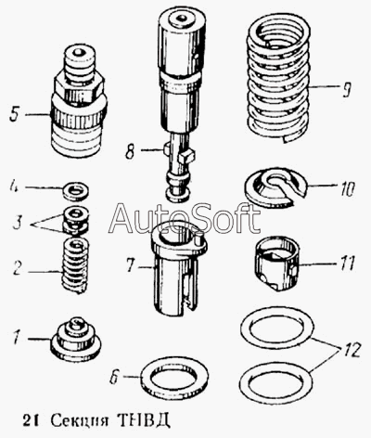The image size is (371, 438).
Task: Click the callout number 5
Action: (x=16, y=114)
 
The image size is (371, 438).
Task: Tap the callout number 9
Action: (x=347, y=89)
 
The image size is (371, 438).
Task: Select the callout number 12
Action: (x=351, y=350)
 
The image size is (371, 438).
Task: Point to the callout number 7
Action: (x=131, y=265)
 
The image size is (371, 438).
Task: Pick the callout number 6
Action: (x=115, y=377)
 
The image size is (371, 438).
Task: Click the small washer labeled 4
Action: (x=76, y=190)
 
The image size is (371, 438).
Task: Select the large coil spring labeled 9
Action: (x=278, y=77)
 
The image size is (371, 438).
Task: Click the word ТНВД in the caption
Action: (x=144, y=419)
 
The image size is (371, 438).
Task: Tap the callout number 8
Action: (x=130, y=151)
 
